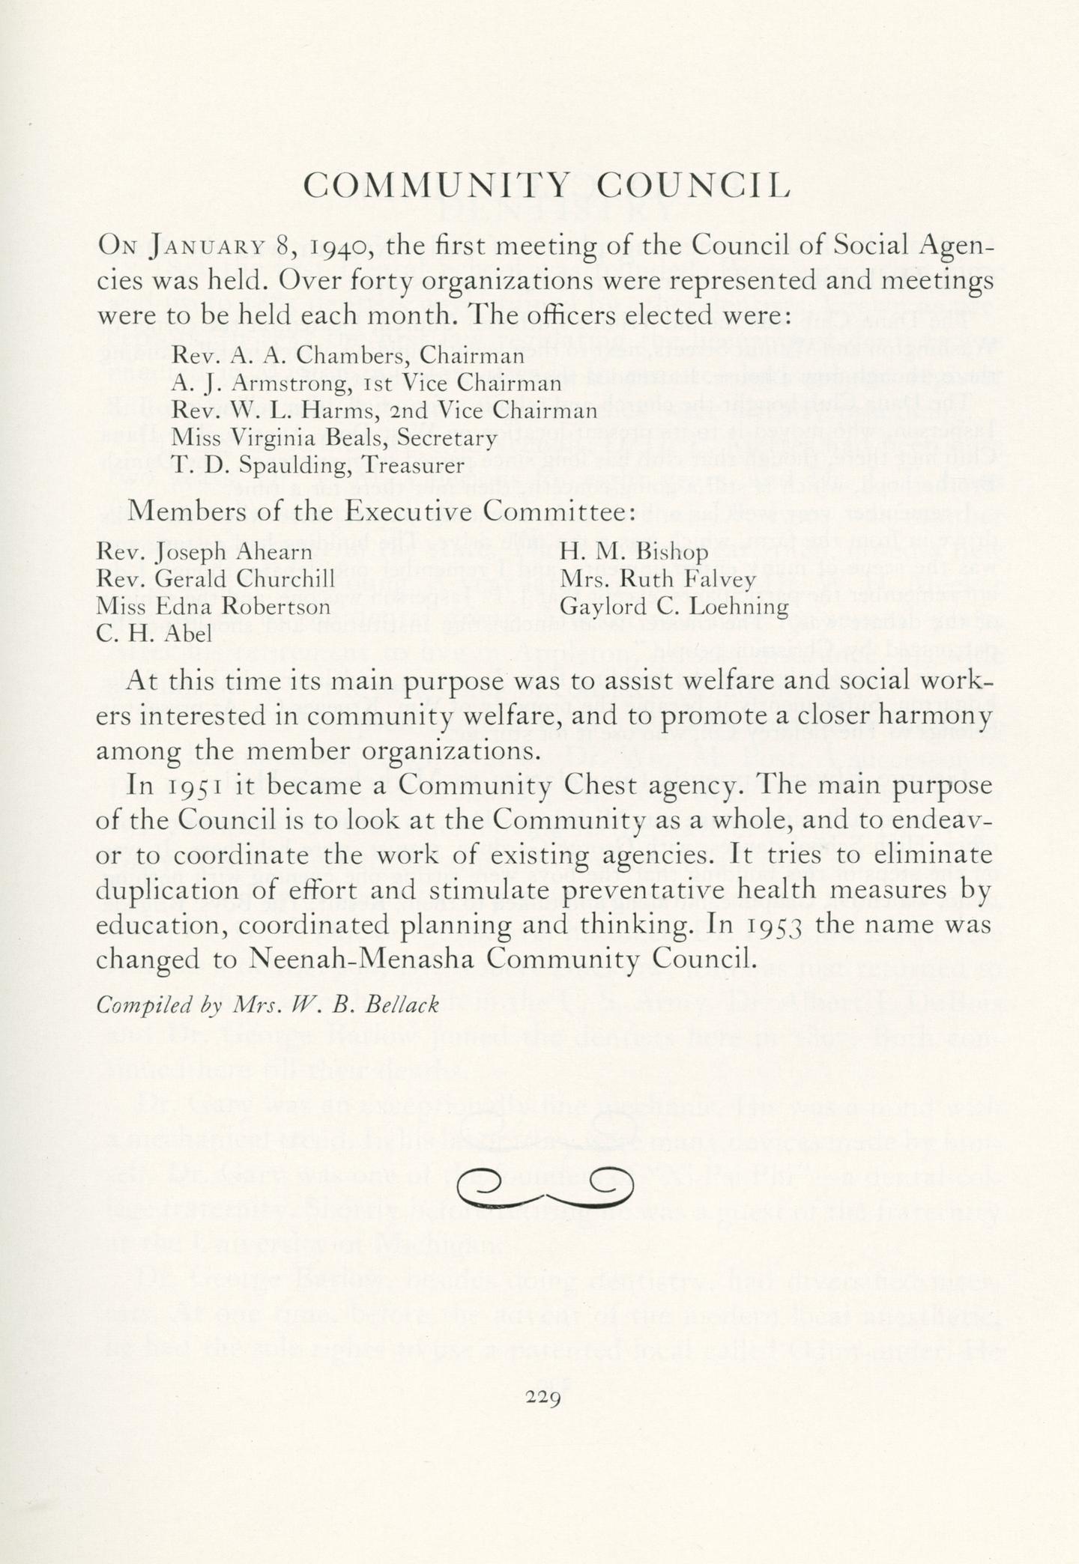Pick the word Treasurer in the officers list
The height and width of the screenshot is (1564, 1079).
tap(411, 464)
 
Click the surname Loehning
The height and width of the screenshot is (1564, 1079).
tap(734, 606)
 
